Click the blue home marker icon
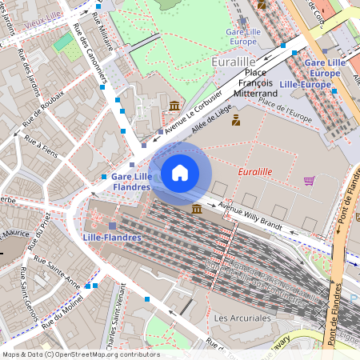point(180,172)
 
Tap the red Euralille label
point(255,172)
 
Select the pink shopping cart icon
point(309,181)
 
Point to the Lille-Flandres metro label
point(112,238)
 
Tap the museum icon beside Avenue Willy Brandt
point(197,209)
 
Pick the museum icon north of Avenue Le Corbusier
point(174,106)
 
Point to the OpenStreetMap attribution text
point(81,354)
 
